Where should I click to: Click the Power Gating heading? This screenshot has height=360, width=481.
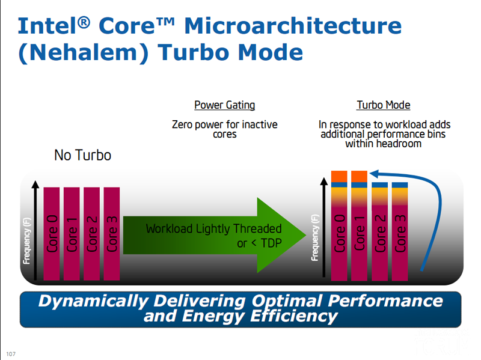224,105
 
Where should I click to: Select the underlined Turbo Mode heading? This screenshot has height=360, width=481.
384,105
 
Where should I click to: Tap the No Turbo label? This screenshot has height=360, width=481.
82,155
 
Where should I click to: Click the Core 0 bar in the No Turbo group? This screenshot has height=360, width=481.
52,234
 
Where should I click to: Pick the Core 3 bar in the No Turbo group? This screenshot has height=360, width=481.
112,234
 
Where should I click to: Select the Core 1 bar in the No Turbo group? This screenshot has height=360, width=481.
72,234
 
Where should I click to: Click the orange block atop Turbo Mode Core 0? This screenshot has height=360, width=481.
339,176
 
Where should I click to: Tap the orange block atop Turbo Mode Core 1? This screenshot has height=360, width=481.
359,176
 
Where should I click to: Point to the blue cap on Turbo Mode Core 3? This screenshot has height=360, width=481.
400,185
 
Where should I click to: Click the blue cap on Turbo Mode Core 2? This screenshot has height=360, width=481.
380,185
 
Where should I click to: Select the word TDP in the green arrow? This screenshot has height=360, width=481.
272,243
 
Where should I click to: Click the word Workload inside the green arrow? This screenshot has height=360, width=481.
170,229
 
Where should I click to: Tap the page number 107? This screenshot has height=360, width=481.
11,354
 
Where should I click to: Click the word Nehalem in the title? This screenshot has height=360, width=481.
84,52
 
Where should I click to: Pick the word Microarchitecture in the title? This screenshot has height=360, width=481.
293,26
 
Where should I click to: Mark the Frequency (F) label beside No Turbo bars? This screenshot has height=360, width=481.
27,241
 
